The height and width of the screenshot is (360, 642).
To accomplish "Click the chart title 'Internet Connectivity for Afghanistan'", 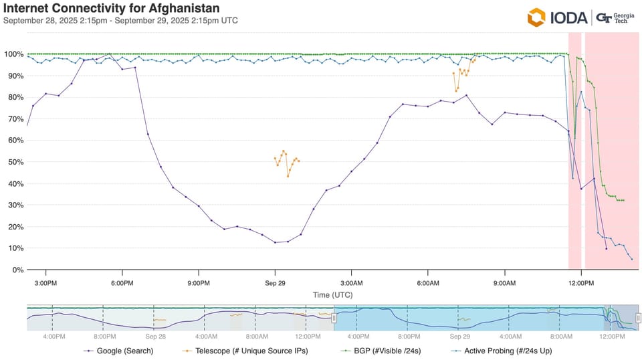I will coord(112,8).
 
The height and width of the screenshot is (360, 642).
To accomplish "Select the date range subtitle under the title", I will coord(120,20).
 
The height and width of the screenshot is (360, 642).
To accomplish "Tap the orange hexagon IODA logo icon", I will coord(537,17).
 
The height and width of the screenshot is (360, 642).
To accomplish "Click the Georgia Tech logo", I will coord(615,17).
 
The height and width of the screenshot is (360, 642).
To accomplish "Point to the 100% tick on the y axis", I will coord(14,54).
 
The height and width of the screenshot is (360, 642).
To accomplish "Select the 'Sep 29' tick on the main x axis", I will coord(275,283).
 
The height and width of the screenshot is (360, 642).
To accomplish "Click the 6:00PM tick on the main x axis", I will coord(122,283).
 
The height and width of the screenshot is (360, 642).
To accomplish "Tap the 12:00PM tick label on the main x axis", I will coord(580,283).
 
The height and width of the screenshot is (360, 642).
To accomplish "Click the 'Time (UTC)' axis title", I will coord(332,294).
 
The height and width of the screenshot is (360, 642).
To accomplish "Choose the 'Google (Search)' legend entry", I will coord(120,350).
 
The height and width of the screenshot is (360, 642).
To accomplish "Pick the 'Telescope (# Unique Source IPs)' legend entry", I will coord(245,350).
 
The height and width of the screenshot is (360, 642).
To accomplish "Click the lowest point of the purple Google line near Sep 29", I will coord(275,242).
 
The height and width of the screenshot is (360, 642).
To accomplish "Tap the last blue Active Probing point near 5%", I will coord(631,259).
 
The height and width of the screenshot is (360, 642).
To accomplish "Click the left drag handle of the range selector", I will coord(334,318).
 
